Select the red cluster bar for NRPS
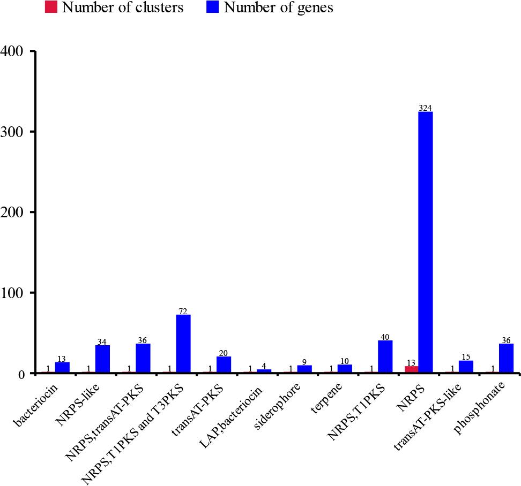(x=412, y=369)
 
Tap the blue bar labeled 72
(x=183, y=343)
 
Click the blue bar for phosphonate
(x=506, y=358)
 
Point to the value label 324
(x=425, y=108)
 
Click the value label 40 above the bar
(x=385, y=337)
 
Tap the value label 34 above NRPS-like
(x=102, y=341)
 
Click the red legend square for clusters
(x=51, y=7)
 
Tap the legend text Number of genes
(x=279, y=7)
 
